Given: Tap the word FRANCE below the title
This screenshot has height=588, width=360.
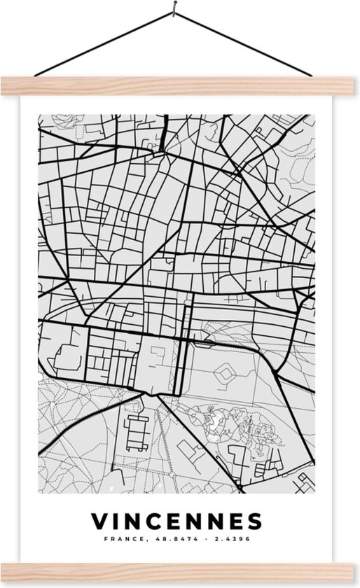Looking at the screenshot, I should coord(123,539).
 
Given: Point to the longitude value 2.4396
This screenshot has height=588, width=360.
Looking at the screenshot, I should coord(230,539).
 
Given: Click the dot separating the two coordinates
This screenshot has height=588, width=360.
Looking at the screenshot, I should coord(199,539).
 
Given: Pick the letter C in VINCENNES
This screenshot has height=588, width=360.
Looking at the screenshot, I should coord(157,521).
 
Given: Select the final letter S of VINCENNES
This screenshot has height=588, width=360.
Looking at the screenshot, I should coord(254,521).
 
